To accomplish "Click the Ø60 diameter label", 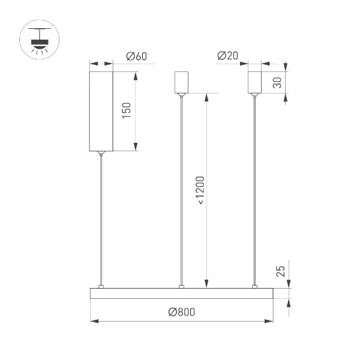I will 137,57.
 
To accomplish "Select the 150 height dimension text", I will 127,110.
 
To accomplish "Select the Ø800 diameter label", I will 182,312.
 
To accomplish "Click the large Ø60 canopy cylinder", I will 101,111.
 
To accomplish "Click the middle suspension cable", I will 181,192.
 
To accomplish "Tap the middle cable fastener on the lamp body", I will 181,286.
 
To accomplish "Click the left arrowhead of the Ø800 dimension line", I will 94,322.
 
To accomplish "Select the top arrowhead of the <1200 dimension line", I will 208,97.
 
